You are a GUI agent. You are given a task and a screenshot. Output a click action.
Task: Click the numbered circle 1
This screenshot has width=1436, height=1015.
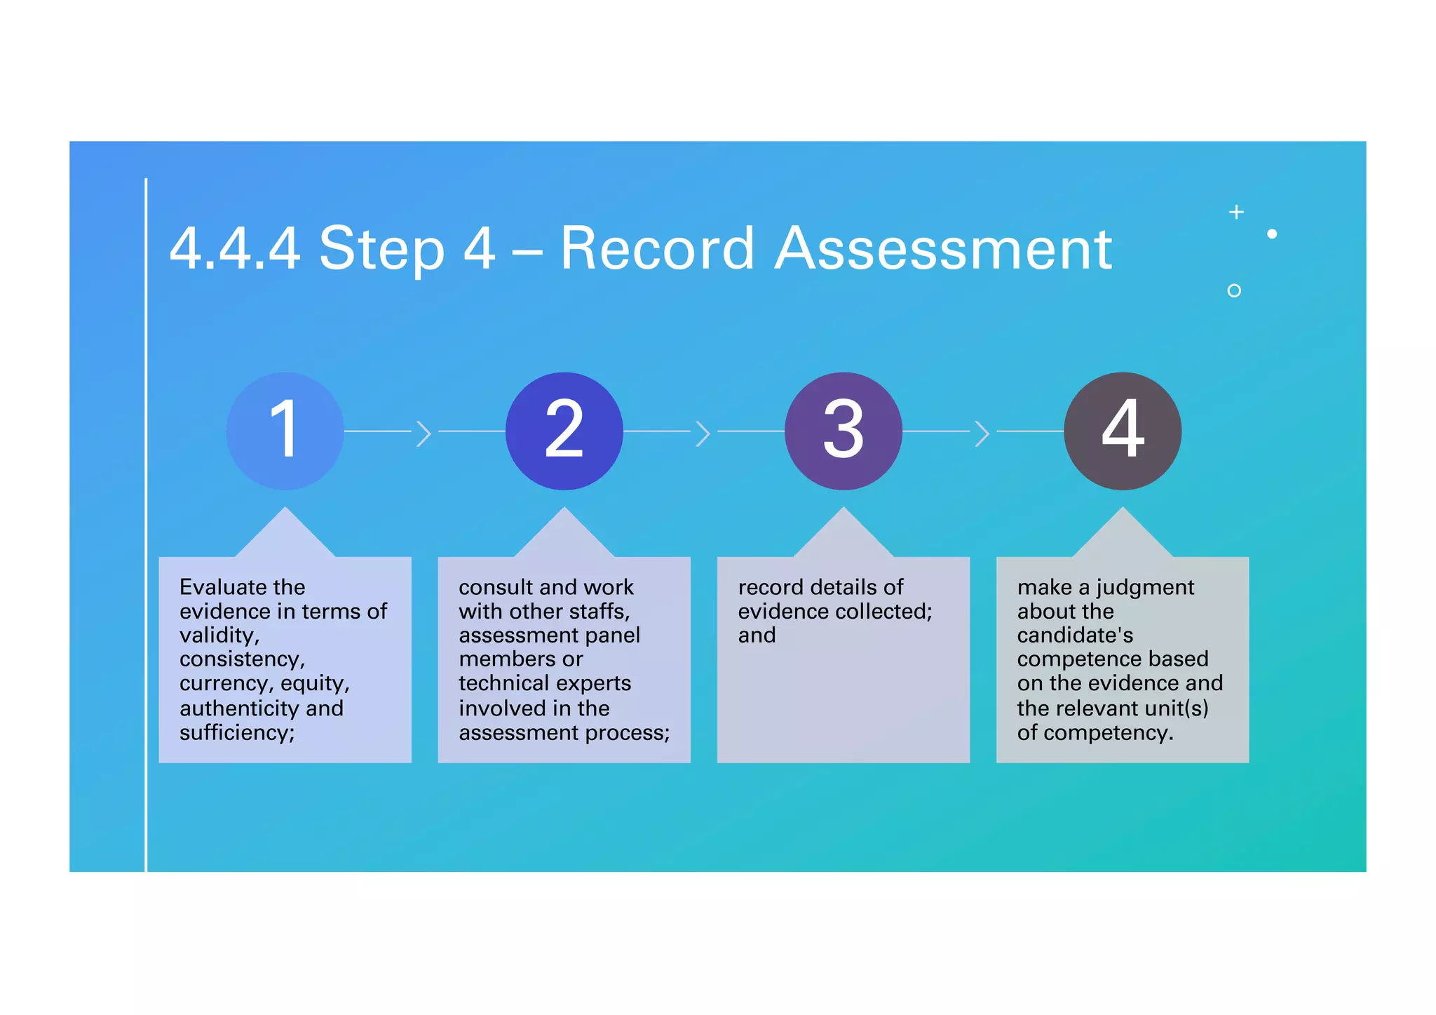(285, 431)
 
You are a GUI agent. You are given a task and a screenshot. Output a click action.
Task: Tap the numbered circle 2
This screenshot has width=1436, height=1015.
(564, 431)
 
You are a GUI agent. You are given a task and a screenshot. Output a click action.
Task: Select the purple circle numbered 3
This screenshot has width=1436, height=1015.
(843, 431)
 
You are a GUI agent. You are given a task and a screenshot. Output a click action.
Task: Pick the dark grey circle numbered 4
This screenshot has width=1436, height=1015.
(1122, 431)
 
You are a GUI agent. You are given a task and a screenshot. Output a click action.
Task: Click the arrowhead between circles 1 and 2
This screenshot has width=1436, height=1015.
(424, 433)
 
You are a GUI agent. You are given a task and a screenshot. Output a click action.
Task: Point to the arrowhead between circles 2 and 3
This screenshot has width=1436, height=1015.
(703, 433)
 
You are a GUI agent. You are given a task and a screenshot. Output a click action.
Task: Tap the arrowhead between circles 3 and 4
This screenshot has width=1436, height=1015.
(982, 433)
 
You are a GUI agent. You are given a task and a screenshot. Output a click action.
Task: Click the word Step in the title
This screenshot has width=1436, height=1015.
(381, 250)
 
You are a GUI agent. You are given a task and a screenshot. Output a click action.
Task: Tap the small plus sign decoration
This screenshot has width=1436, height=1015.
(1236, 212)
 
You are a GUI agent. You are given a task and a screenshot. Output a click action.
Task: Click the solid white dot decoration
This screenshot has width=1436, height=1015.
(1272, 234)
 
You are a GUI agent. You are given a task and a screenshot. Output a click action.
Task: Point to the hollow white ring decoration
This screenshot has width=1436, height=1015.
(1234, 290)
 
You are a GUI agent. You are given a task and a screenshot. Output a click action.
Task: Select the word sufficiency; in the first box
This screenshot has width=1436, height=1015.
(237, 732)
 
